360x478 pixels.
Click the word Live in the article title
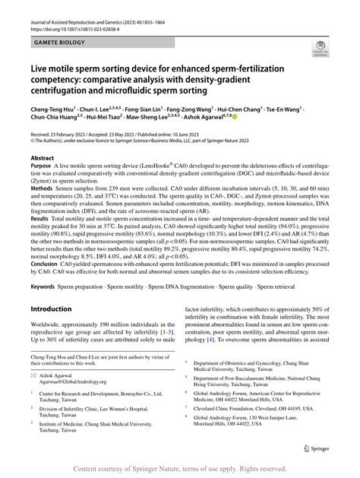click(x=39, y=69)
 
